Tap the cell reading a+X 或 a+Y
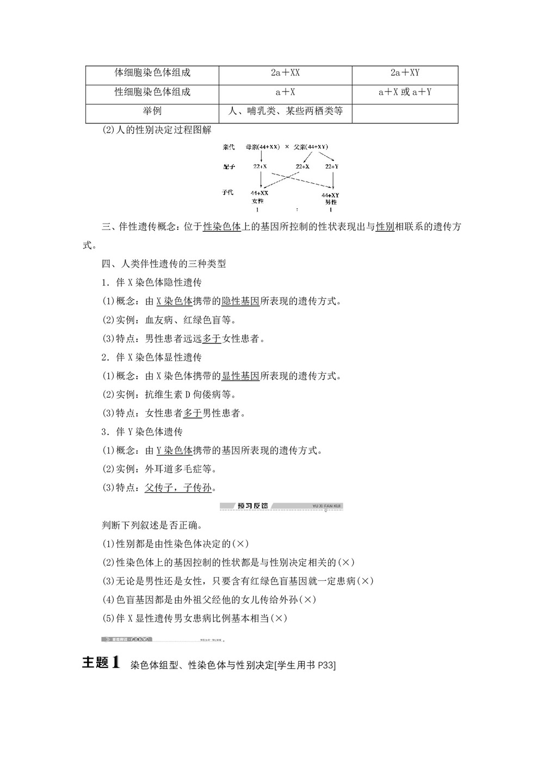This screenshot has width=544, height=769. click(x=405, y=92)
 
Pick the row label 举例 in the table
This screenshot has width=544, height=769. click(x=152, y=111)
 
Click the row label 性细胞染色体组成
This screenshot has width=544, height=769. click(x=152, y=92)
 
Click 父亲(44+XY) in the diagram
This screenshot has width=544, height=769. click(x=311, y=147)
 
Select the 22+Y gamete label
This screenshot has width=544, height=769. click(x=331, y=166)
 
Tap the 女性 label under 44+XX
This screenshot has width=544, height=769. click(x=258, y=201)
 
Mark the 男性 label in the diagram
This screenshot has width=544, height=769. click(x=331, y=202)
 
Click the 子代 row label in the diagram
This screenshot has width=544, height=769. click(x=228, y=193)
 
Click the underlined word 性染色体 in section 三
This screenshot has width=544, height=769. click(x=222, y=227)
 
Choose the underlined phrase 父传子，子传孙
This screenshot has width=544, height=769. click(x=178, y=488)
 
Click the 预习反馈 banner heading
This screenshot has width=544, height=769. click(x=252, y=506)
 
